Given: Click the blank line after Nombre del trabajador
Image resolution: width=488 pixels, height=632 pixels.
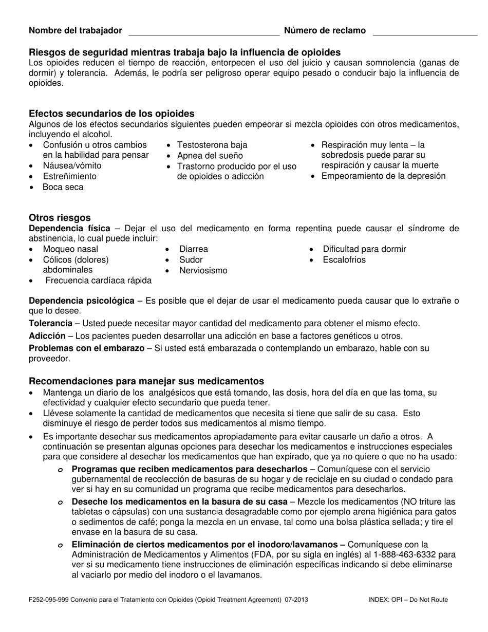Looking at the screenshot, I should pos(203,32).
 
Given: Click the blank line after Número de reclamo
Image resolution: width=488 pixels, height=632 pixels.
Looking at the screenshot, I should pos(424,32).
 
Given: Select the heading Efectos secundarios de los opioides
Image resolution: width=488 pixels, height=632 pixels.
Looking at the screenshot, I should pos(111,114).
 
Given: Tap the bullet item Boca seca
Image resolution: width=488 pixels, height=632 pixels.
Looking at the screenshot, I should pos(63,187).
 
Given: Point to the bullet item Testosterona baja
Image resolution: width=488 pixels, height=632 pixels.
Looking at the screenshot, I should pos(212,145).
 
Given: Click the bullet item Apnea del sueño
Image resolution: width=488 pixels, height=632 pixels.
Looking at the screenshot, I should pos(210,156).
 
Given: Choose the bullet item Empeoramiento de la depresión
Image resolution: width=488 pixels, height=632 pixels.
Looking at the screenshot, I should pos(383,176).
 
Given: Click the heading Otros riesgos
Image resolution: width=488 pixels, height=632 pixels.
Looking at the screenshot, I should pos(60,218).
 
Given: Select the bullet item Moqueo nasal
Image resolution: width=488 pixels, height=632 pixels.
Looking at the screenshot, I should pos(70,249).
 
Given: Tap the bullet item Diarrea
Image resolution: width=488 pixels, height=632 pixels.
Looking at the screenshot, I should pos(193,249).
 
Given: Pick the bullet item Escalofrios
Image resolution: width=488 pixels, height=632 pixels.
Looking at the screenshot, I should pos(344,260).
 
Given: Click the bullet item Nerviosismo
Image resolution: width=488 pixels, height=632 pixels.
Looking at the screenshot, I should pos(203,271).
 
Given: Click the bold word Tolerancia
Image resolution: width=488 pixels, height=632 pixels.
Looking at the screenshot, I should pos(50,324).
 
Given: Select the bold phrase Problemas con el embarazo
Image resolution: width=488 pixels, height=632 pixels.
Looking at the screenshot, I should pos(86,348).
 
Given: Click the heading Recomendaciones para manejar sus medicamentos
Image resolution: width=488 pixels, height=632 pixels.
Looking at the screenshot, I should pos(146,381).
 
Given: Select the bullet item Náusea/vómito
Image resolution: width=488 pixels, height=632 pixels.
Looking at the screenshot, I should pos(72,166).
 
